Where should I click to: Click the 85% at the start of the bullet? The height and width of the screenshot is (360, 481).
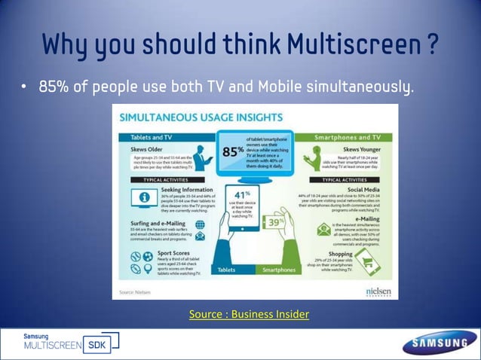point(56,89)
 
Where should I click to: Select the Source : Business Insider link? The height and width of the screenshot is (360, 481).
point(249,313)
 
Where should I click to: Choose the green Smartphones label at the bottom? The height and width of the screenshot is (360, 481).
point(278,269)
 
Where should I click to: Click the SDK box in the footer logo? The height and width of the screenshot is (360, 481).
point(97,345)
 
